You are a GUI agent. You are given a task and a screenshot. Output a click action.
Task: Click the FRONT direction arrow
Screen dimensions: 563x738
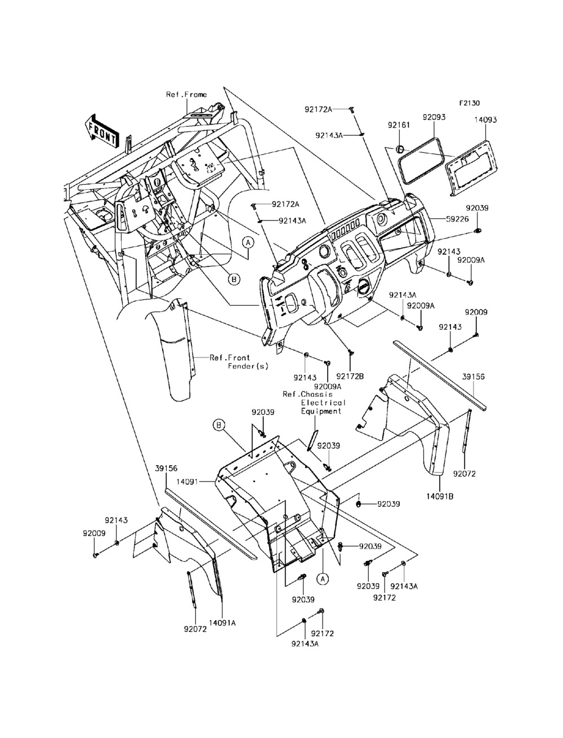[x=102, y=131]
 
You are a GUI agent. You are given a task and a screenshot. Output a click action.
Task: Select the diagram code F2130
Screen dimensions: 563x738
[x=470, y=103]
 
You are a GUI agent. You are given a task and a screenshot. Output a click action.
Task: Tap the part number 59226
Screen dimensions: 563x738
[x=457, y=219]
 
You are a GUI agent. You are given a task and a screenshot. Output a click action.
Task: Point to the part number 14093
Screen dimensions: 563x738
[x=485, y=120]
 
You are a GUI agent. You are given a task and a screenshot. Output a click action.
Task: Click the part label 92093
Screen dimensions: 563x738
[x=434, y=117]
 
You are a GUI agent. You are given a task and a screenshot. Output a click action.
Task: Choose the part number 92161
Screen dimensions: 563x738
[x=399, y=125]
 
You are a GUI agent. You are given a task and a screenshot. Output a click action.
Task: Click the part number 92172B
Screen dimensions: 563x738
[x=350, y=376]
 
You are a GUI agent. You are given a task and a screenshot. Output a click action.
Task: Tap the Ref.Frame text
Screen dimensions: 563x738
[x=187, y=95]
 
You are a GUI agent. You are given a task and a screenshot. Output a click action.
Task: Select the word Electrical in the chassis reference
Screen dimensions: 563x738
[x=323, y=403]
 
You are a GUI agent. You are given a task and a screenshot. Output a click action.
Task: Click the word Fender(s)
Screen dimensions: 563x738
[x=248, y=366]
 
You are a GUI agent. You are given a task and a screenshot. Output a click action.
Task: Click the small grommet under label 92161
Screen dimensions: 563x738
[x=400, y=148]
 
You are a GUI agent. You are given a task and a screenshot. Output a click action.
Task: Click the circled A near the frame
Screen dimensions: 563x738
[x=248, y=242]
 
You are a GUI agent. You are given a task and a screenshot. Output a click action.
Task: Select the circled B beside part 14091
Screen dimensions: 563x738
[x=218, y=425]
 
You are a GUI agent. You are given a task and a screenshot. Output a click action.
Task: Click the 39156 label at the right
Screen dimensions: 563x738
[x=473, y=377]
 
